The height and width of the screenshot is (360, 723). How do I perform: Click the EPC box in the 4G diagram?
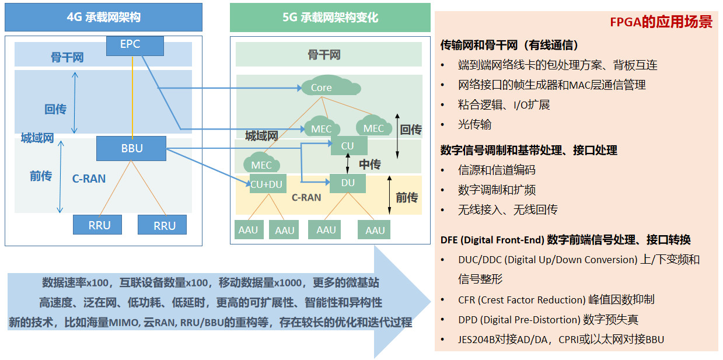pyautogui.click(x=130, y=44)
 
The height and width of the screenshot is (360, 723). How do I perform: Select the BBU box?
pyautogui.click(x=132, y=148)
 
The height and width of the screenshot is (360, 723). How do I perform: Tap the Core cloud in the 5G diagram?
pyautogui.click(x=321, y=88)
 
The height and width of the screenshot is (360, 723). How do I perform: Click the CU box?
pyautogui.click(x=347, y=145)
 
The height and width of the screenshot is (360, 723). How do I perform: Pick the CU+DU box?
pyautogui.click(x=266, y=184)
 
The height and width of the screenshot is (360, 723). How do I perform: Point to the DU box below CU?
pyautogui.click(x=347, y=183)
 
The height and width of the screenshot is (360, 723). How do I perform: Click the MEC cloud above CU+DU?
pyautogui.click(x=261, y=165)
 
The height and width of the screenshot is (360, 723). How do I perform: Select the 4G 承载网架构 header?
pyautogui.click(x=103, y=18)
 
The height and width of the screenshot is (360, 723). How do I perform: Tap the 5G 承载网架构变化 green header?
pyautogui.click(x=330, y=18)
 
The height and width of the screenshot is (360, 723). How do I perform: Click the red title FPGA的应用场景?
pyautogui.click(x=661, y=22)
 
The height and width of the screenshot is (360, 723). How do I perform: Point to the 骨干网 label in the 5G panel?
pyautogui.click(x=324, y=55)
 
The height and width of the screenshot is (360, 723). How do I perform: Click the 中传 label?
pyautogui.click(x=369, y=165)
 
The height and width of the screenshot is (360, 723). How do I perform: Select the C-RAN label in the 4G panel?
pyautogui.click(x=89, y=179)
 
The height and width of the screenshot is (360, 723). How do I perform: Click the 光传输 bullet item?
pyautogui.click(x=475, y=124)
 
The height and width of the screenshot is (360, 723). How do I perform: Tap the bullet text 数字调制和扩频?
pyautogui.click(x=497, y=190)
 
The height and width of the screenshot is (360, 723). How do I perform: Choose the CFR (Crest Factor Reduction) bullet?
pyautogui.click(x=556, y=299)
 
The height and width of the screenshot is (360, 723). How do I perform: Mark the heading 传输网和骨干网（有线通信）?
pyautogui.click(x=509, y=45)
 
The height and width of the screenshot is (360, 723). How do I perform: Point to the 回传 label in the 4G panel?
pyautogui.click(x=55, y=109)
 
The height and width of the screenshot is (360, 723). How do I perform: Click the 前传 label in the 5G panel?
pyautogui.click(x=407, y=197)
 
